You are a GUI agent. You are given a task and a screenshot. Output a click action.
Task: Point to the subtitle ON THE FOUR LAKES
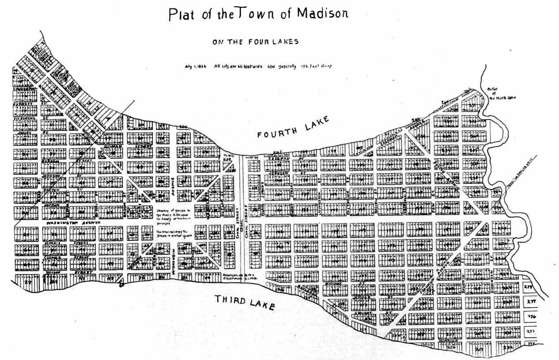point(256,42)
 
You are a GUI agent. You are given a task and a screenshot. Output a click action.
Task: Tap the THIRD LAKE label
point(244,302)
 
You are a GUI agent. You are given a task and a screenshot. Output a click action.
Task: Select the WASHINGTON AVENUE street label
point(72,222)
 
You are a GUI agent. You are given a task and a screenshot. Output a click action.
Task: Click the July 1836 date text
point(195,66)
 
